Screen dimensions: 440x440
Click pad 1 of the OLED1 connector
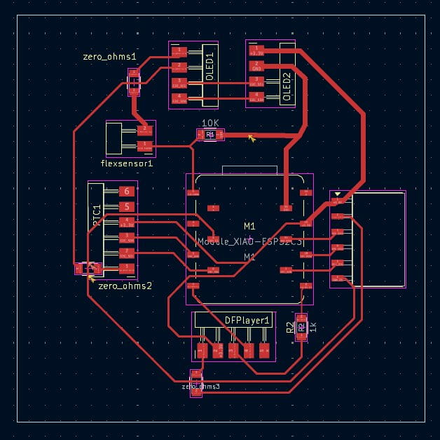click(180, 51)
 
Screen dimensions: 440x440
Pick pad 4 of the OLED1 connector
click(180, 98)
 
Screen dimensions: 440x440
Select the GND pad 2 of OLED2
click(257, 67)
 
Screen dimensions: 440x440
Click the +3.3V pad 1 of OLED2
click(257, 51)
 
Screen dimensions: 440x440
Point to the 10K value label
click(210, 123)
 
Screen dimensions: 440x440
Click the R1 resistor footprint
click(210, 134)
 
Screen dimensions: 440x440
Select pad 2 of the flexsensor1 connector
click(145, 129)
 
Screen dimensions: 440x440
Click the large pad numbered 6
click(126, 191)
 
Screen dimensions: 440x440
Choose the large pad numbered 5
click(126, 206)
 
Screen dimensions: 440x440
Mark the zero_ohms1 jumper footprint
click(132, 83)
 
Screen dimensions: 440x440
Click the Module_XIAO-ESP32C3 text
click(249, 241)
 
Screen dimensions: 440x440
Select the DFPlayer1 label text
click(247, 320)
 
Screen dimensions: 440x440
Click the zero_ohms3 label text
click(200, 387)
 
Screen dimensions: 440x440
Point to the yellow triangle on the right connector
click(338, 194)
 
